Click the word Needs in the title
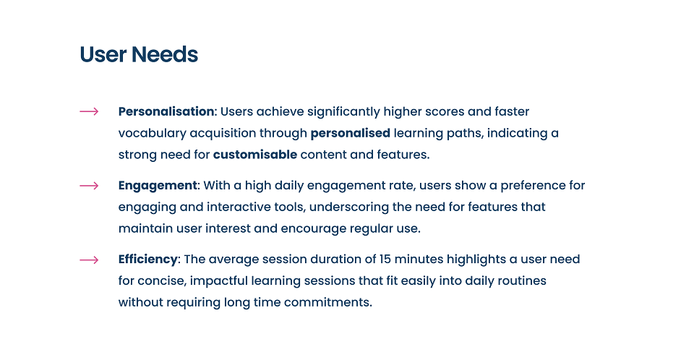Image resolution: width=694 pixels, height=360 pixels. click(x=165, y=54)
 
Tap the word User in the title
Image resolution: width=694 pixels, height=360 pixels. click(x=103, y=54)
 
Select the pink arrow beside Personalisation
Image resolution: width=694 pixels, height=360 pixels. click(x=89, y=111)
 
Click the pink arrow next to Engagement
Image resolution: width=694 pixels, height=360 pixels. click(x=89, y=186)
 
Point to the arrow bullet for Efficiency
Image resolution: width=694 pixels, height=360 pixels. click(x=89, y=260)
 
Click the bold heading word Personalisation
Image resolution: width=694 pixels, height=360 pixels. click(x=166, y=111)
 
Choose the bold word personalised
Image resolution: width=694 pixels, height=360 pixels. click(x=351, y=133)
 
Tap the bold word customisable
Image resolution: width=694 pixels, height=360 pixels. click(x=255, y=155)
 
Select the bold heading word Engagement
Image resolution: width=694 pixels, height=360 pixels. click(x=158, y=186)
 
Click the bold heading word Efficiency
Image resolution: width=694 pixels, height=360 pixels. click(x=147, y=260)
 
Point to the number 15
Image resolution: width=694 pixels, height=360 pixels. click(x=385, y=259)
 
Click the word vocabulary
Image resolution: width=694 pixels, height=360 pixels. click(x=153, y=133)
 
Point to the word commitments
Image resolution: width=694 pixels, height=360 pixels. click(x=328, y=302)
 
